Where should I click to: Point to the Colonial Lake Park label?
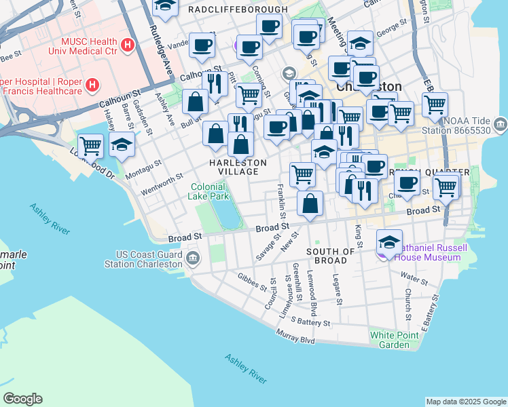coord(208,191)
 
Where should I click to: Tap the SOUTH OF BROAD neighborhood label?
coord(331,256)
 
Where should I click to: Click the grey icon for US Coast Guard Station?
coord(193,258)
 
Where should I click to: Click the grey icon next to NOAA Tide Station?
coord(501,124)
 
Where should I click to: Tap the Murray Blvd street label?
coord(295,336)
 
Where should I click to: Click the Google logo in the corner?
coord(22,399)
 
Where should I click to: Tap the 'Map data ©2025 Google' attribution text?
coord(466,402)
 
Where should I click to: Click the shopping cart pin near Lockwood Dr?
coord(90,145)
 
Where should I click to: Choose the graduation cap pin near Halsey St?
coord(122,144)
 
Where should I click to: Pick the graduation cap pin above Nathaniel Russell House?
coord(389,241)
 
